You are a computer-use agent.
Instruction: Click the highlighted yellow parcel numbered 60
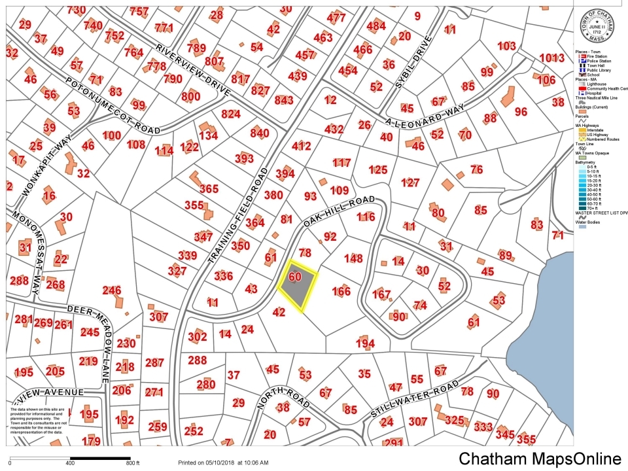[296, 288]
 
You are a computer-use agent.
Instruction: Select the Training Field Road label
[239, 216]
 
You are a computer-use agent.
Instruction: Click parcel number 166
[341, 291]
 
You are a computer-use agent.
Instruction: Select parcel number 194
[365, 343]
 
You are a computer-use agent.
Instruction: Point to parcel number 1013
[551, 58]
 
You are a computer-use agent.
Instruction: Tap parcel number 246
[112, 290]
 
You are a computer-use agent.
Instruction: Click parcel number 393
[243, 158]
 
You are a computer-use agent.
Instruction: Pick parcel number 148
[353, 258]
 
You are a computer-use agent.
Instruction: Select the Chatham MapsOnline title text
[540, 459]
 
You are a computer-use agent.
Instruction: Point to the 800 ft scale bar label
[133, 463]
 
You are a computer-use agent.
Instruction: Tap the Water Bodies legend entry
[592, 222]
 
